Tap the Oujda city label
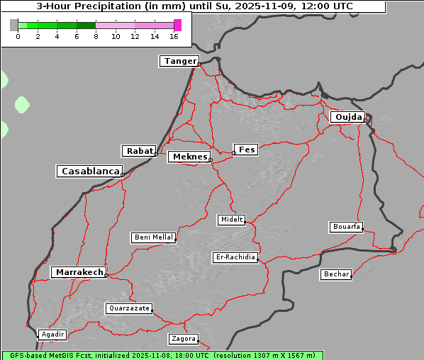[x=347, y=117]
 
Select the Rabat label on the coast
[x=139, y=151]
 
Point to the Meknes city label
[x=189, y=157]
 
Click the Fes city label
[x=247, y=150]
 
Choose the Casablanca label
[x=89, y=171]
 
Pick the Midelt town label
[x=231, y=220]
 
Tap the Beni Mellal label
[x=153, y=237]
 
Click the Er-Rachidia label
[x=235, y=257]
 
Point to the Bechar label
[x=335, y=274]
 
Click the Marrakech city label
[x=79, y=272]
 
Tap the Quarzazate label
[x=128, y=308]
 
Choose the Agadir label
[x=52, y=334]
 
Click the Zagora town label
[x=183, y=339]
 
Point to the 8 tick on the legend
[x=96, y=36]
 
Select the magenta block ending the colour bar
[x=177, y=25]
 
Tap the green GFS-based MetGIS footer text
[x=162, y=355]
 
